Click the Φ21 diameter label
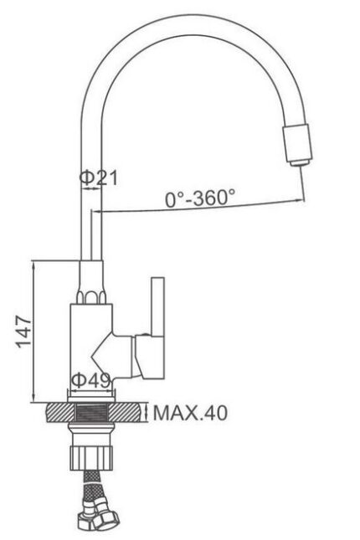pos(99,177)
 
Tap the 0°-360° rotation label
pos(200,198)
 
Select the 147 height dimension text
pos(24,331)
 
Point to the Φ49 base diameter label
pos(91,380)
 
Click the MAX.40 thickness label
pos(190,413)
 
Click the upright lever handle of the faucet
pos(157,306)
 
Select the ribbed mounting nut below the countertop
pos(90,458)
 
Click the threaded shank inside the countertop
pos(91,413)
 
